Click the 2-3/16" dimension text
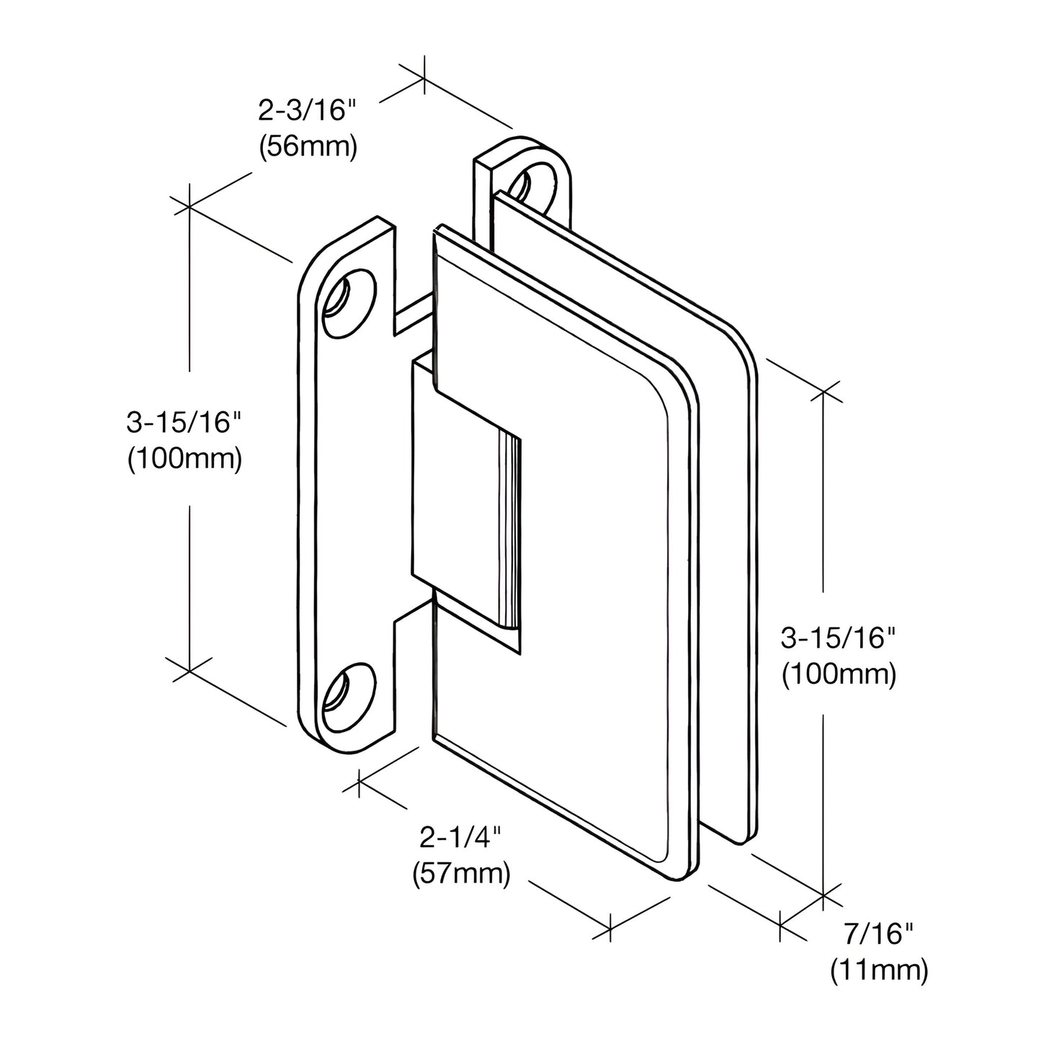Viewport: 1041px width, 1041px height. point(307,112)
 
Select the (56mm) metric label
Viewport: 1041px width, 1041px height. point(307,147)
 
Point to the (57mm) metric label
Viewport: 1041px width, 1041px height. point(460,873)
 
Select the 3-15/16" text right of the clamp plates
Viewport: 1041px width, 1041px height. point(839,639)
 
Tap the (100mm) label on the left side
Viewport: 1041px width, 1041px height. point(184,458)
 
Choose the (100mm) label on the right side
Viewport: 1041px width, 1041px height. point(839,674)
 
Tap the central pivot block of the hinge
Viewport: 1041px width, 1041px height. point(461,504)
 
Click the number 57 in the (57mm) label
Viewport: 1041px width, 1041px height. point(439,873)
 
